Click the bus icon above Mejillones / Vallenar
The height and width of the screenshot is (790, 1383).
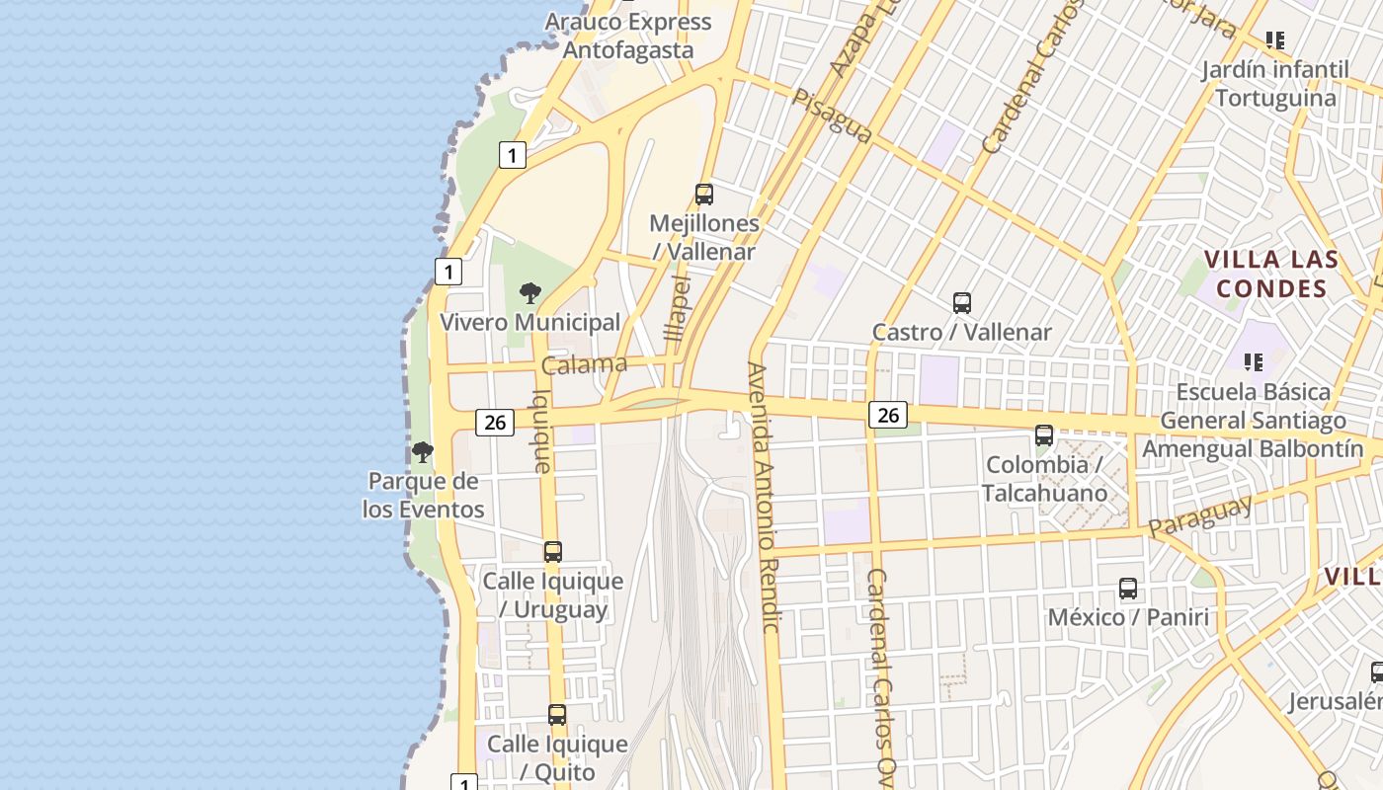pos(704,195)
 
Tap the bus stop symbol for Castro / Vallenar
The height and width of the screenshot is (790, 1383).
pos(962,303)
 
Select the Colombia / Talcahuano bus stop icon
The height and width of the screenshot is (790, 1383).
pos(1044,434)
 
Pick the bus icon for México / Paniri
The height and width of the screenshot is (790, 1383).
pos(1128,589)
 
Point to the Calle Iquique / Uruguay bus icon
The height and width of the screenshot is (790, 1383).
pos(553,552)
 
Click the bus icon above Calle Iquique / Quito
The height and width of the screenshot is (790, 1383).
pos(557,715)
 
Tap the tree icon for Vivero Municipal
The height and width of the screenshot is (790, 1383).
pos(530,292)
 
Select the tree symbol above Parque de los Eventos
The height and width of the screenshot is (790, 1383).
pos(423,453)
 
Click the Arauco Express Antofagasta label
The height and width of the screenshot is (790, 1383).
pos(627,36)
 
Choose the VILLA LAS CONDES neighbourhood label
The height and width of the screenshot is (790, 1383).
pos(1271,275)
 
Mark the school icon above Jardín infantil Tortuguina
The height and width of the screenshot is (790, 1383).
pos(1275,40)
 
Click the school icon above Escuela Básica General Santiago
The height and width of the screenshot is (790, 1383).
pos(1254,362)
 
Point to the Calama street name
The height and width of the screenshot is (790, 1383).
pos(584,364)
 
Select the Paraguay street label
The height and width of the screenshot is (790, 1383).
pos(1201,515)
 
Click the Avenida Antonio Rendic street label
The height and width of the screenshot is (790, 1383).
pos(764,498)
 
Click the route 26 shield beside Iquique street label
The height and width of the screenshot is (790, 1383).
pos(495,423)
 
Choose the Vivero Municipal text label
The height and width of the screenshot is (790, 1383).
pos(529,322)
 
